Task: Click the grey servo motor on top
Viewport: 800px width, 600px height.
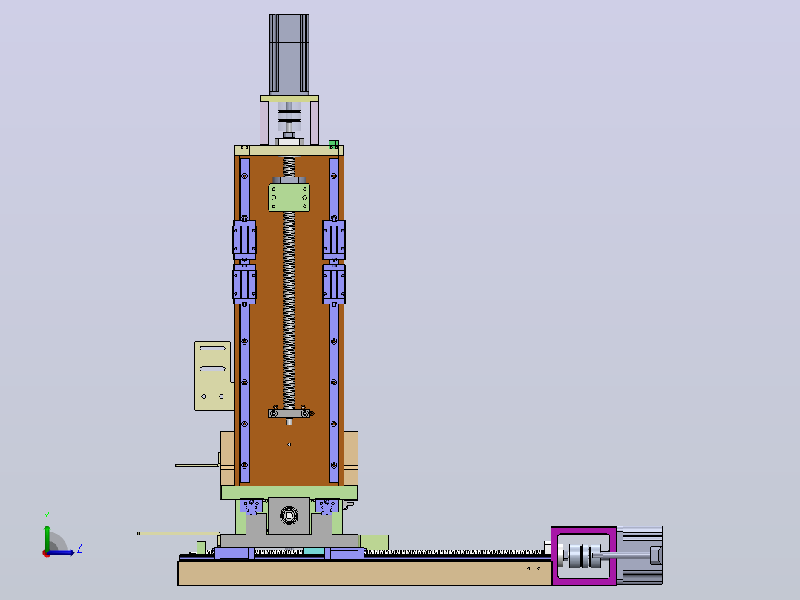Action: tap(289, 54)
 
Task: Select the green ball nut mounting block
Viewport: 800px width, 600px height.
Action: tap(289, 197)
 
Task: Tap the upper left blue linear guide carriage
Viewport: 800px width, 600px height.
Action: tap(244, 240)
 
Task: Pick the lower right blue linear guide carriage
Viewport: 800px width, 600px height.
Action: tap(334, 284)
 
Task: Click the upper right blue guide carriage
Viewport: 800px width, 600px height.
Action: tap(334, 240)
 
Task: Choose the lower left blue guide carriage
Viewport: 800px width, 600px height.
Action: tap(244, 284)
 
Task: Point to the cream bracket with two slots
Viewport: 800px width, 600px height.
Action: tap(213, 375)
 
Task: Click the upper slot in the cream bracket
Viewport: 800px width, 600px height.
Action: tap(213, 348)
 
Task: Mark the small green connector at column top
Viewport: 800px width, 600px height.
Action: tap(334, 145)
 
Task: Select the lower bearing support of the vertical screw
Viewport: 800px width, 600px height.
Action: tap(289, 414)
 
